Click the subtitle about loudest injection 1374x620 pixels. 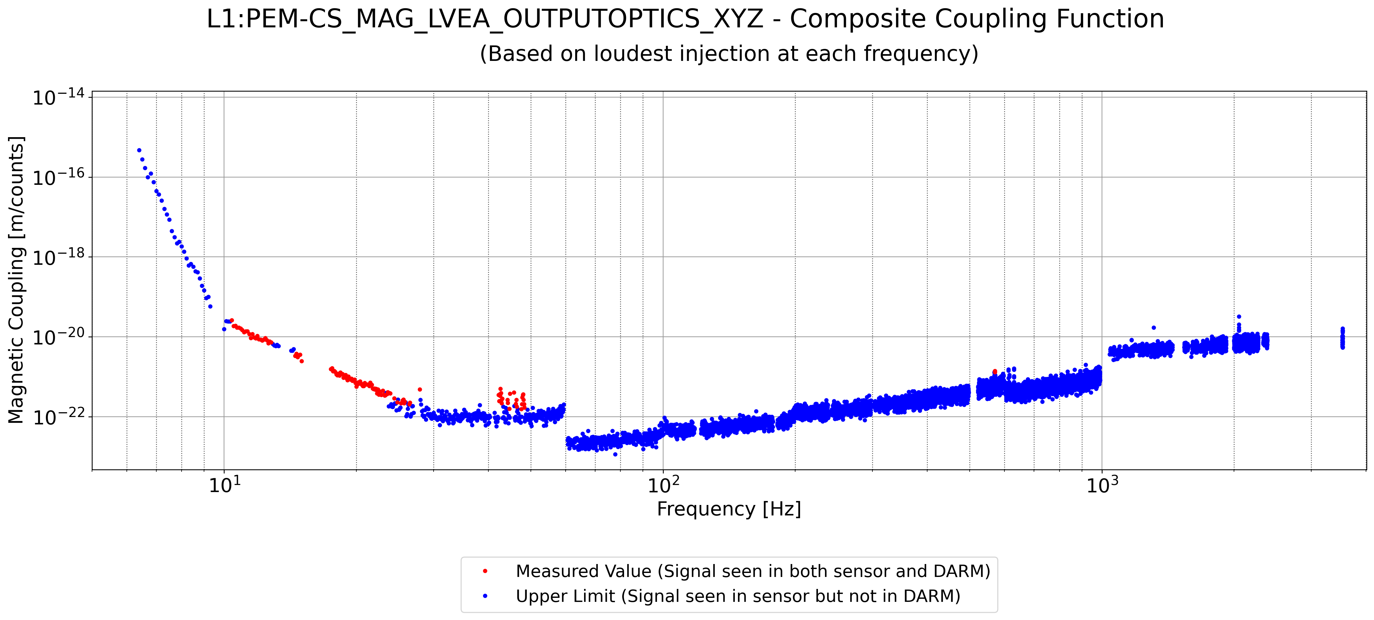pyautogui.click(x=729, y=54)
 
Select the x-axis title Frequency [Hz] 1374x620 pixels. pyautogui.click(x=729, y=509)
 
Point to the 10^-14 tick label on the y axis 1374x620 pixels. pyautogui.click(x=59, y=97)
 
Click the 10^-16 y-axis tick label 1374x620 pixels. pyautogui.click(x=59, y=177)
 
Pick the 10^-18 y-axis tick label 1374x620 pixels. pyautogui.click(x=59, y=257)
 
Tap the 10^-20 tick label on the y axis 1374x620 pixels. pyautogui.click(x=59, y=337)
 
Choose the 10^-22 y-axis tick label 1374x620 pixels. pyautogui.click(x=59, y=417)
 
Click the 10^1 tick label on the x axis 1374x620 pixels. pyautogui.click(x=224, y=485)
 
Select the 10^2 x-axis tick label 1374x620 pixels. pyautogui.click(x=663, y=485)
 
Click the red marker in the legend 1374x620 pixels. pyautogui.click(x=485, y=571)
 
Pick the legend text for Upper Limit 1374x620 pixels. pyautogui.click(x=738, y=596)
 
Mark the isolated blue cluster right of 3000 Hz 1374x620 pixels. pyautogui.click(x=1343, y=338)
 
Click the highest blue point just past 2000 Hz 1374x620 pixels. pyautogui.click(x=1239, y=317)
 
